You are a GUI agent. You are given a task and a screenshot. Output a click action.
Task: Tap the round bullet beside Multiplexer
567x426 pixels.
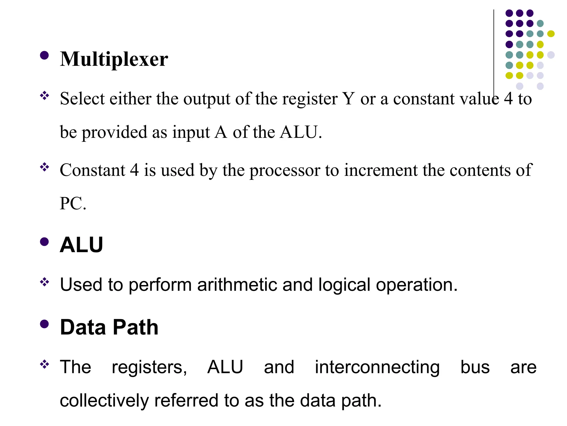coord(44,55)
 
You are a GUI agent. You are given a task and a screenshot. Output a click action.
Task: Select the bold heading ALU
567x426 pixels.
coord(81,245)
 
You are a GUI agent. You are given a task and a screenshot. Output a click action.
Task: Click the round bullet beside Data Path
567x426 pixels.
coord(44,324)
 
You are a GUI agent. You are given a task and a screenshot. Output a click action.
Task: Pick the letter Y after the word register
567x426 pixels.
coord(349,98)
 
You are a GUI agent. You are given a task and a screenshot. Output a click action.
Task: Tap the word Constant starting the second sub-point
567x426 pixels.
coord(92,170)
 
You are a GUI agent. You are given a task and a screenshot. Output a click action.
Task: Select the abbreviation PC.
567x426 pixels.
coord(73,203)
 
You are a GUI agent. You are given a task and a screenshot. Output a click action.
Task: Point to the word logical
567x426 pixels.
coord(344,285)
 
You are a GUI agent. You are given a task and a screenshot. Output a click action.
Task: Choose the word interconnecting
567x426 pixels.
coord(377,367)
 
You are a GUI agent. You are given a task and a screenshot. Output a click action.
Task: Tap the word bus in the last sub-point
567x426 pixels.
coord(475,367)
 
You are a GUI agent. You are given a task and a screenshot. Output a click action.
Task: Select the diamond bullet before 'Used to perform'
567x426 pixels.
coord(44,282)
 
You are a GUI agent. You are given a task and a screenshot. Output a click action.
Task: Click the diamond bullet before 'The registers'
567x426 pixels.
coord(44,364)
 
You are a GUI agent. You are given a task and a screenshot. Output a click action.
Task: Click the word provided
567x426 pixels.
coord(114,132)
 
